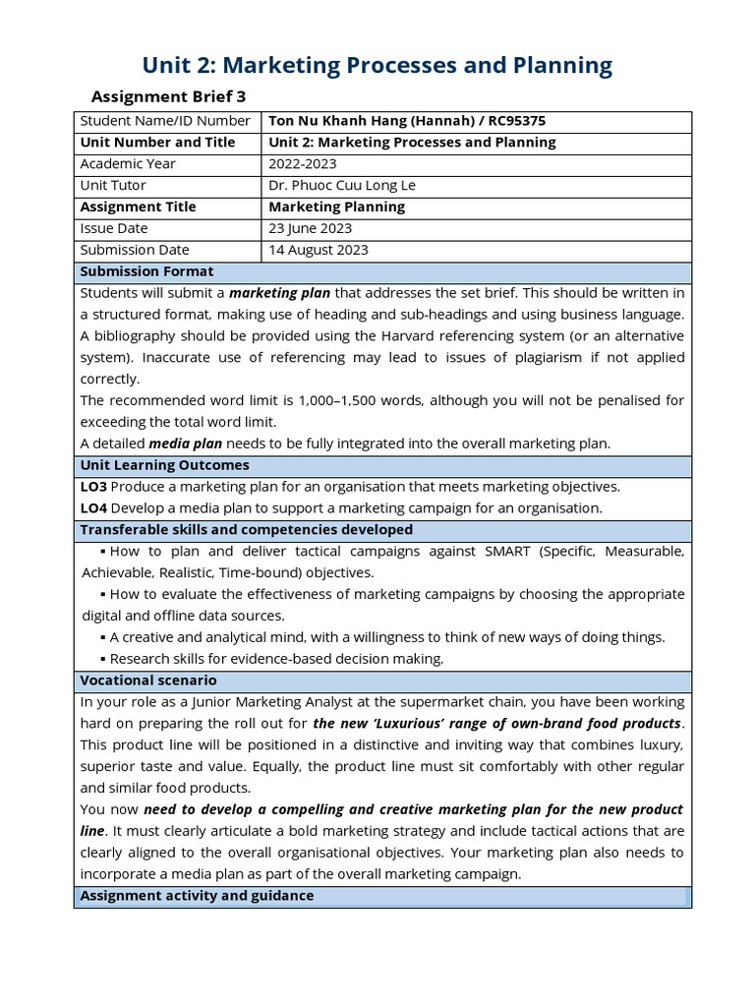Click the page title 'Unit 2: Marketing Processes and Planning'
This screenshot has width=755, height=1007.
click(377, 65)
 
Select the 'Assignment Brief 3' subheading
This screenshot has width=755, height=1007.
click(168, 96)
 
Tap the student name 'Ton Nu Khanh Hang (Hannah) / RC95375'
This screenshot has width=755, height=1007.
click(407, 121)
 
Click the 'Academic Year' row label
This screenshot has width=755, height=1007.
click(128, 164)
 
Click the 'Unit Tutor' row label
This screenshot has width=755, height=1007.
click(113, 186)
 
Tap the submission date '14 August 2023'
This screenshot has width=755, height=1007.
click(319, 250)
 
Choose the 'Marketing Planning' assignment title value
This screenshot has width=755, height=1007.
click(336, 207)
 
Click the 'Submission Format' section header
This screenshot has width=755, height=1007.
click(146, 271)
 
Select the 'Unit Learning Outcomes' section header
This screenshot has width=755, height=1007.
click(164, 465)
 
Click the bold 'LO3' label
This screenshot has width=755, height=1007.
click(93, 487)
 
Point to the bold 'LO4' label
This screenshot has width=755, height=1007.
click(93, 508)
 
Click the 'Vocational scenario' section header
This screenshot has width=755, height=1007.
click(148, 681)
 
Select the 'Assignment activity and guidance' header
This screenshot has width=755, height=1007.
click(197, 896)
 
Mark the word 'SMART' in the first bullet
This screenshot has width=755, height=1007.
click(508, 552)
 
